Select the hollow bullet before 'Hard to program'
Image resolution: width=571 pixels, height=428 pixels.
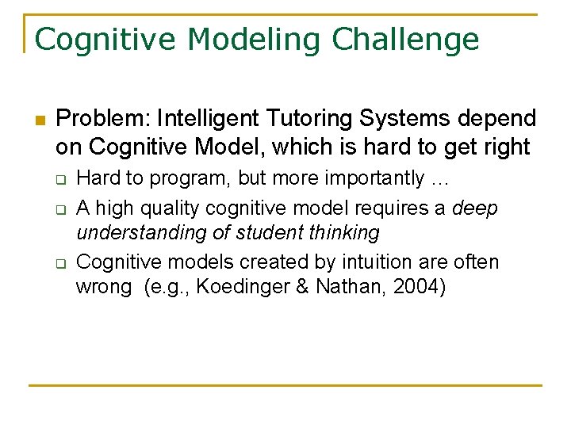(59, 180)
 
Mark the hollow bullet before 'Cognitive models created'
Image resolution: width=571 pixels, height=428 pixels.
(59, 262)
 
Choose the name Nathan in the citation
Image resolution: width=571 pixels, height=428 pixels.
(347, 287)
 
